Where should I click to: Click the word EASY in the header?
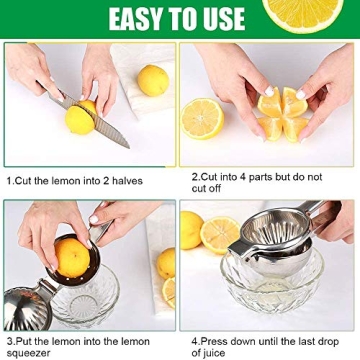pos(136,18)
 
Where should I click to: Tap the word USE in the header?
pos(221,18)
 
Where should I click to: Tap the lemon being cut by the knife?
pos(81,120)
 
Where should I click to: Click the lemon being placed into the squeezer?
pos(71,250)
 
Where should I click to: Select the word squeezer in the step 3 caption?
pos(29,352)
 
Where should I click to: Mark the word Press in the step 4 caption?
pos(212,339)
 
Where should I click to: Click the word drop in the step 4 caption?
pos(329,339)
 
